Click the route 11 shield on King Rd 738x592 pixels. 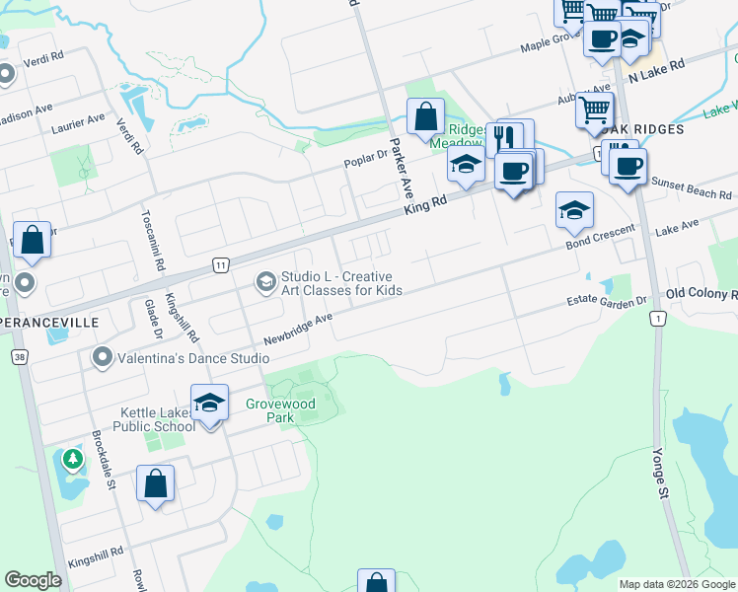(220, 264)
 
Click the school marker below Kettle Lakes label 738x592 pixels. (209, 405)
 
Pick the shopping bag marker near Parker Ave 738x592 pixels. (424, 117)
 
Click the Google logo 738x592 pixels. (34, 580)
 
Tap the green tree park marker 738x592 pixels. (72, 458)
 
